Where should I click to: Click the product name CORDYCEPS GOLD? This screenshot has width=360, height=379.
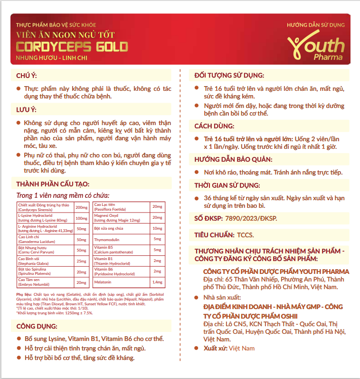pyautogui.click(x=72, y=47)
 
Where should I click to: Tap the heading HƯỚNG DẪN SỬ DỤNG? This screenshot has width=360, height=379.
pyautogui.click(x=316, y=25)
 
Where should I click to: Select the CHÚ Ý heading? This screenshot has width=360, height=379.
pyautogui.click(x=26, y=76)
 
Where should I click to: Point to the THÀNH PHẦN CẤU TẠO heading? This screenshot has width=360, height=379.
pyautogui.click(x=52, y=185)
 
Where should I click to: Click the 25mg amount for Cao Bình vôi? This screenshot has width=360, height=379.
pyautogui.click(x=82, y=261)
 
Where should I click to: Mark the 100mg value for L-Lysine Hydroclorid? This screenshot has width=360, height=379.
pyautogui.click(x=82, y=218)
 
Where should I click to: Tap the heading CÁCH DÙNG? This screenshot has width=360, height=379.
pyautogui.click(x=214, y=126)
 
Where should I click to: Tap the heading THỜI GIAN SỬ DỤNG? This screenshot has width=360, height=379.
pyautogui.click(x=227, y=185)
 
